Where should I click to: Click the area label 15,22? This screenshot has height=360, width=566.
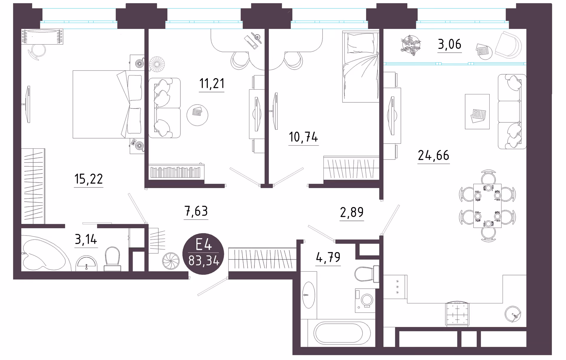pyautogui.click(x=88, y=179)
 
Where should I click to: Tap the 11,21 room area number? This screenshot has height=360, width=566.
pyautogui.click(x=212, y=83)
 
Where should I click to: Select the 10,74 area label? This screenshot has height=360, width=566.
pyautogui.click(x=303, y=137)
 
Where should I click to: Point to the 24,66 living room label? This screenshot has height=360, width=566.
pyautogui.click(x=434, y=155)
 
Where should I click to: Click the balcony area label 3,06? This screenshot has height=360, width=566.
pyautogui.click(x=450, y=44)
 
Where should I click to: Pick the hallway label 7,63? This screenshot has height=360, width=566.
pyautogui.click(x=196, y=211)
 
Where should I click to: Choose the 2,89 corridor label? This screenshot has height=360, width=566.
pyautogui.click(x=352, y=212)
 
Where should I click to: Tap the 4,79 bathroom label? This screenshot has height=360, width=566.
pyautogui.click(x=328, y=257)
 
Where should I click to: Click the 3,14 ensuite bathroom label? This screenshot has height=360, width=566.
pyautogui.click(x=86, y=239)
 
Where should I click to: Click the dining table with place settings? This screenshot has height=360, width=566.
pyautogui.click(x=487, y=206)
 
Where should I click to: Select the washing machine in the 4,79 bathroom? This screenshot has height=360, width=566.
pyautogui.click(x=365, y=300)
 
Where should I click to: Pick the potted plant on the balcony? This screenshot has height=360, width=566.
pyautogui.click(x=411, y=45)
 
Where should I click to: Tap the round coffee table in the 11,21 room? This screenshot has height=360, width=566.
pyautogui.click(x=197, y=115)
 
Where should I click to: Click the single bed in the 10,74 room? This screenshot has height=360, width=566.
pyautogui.click(x=361, y=67)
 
